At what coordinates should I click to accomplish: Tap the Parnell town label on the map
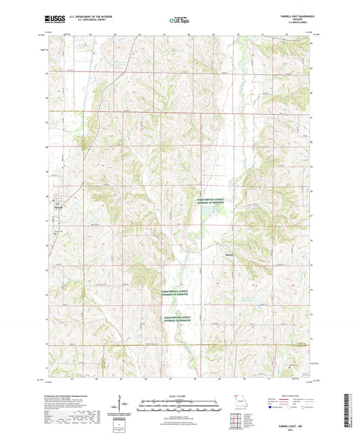click(x=59, y=207)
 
